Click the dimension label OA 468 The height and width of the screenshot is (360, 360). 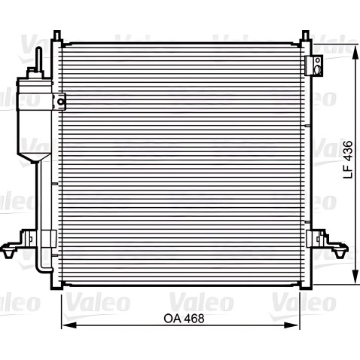(184, 319)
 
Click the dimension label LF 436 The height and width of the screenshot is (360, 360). (348, 160)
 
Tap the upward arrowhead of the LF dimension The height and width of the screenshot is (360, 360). (355, 53)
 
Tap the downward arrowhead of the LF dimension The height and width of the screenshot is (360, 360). (355, 277)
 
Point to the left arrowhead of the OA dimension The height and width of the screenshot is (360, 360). (69, 325)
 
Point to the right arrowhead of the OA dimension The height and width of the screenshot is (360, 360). (291, 325)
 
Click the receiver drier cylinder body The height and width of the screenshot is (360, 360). (35, 116)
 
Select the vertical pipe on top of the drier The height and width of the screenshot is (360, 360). (38, 58)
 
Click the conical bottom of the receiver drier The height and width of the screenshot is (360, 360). (35, 158)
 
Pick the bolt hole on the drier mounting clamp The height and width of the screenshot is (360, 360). (60, 102)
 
